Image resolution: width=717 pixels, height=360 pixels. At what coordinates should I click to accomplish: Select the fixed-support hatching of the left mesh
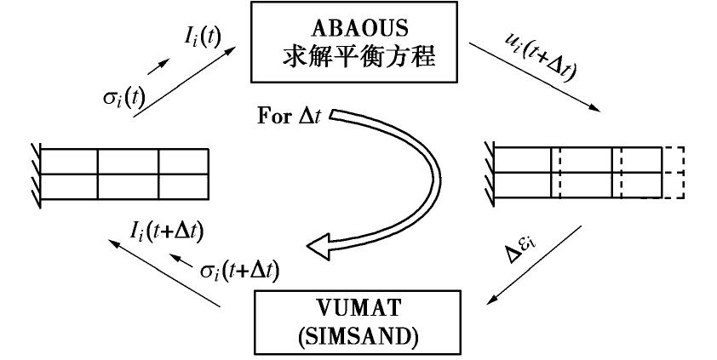[32, 174]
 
